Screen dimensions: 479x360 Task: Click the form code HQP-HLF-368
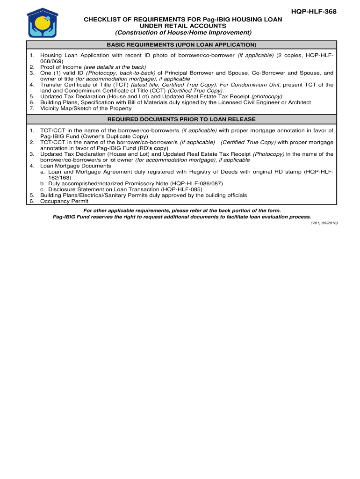[316, 11]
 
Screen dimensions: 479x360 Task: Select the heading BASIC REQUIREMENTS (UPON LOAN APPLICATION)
[181, 45]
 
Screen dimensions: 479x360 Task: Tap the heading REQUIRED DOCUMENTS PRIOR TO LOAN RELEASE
[181, 119]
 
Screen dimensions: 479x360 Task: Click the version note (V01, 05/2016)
[324, 223]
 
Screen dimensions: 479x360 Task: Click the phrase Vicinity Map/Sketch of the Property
[86, 108]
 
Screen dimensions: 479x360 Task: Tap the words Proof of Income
[61, 67]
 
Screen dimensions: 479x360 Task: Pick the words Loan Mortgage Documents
[76, 166]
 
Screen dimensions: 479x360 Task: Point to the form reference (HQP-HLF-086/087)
[196, 183]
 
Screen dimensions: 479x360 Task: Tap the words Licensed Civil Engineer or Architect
[261, 102]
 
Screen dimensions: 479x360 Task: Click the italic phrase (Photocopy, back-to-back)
[121, 73]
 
